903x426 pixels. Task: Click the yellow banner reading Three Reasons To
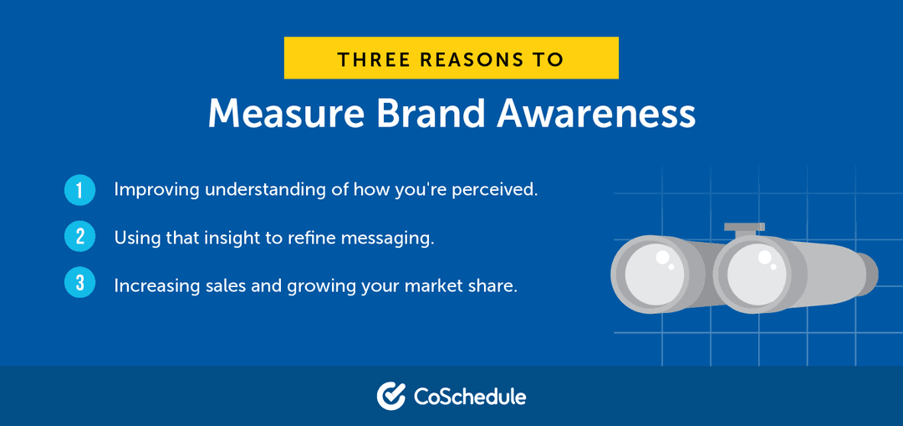pos(451,59)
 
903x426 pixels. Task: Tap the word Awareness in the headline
pos(596,114)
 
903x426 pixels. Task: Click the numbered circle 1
pos(79,190)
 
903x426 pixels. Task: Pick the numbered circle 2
pos(79,237)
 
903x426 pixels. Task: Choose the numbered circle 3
pos(79,284)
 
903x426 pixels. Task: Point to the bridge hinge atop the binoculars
pos(744,228)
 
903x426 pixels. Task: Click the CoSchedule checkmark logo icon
pos(390,396)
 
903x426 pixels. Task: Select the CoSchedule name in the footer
pos(470,396)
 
